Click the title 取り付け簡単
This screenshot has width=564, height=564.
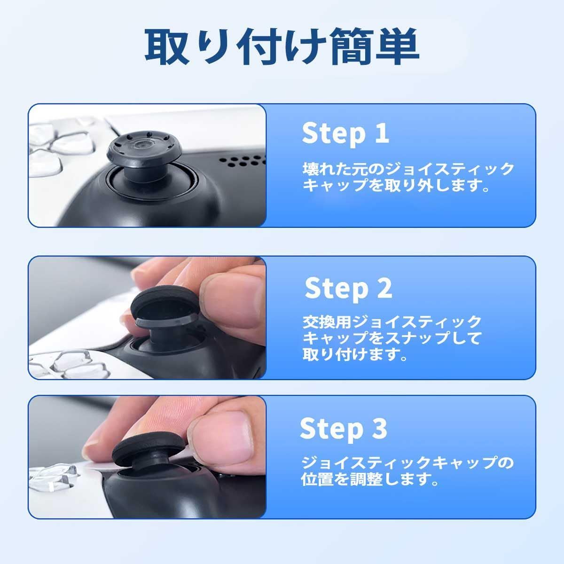coord(282,46)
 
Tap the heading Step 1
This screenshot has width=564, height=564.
coord(345,133)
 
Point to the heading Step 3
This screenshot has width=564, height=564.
coord(344,429)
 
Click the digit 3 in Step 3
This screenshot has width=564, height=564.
coord(379,428)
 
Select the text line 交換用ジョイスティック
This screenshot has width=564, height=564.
coord(392,322)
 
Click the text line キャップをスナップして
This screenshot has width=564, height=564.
coord(392,338)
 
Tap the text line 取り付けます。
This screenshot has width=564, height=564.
coord(355,354)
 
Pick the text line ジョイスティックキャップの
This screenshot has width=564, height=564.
coord(407,463)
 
